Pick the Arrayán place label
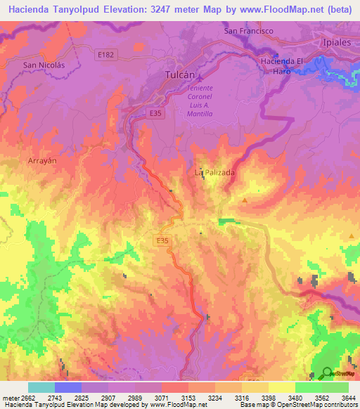pyautogui.click(x=42, y=161)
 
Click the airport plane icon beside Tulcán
pyautogui.click(x=199, y=77)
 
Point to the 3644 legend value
pyautogui.click(x=349, y=398)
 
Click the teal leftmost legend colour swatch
pyautogui.click(x=41, y=387)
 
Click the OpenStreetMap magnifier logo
pyautogui.click(x=327, y=373)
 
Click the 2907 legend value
pyautogui.click(x=108, y=398)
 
